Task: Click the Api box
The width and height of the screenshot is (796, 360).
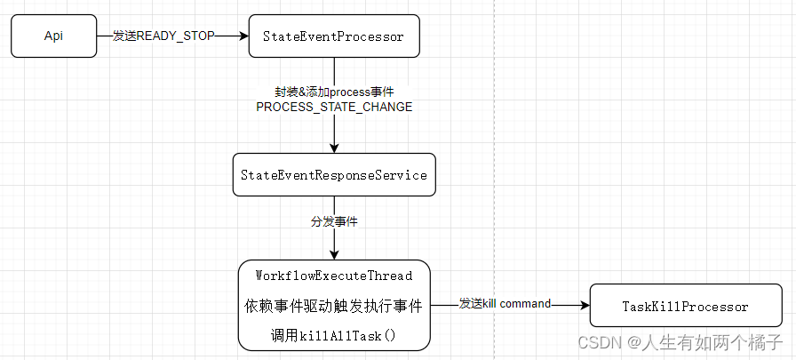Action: point(54,36)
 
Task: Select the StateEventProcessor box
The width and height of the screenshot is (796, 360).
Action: point(333,36)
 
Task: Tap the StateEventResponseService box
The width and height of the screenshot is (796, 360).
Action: point(333,175)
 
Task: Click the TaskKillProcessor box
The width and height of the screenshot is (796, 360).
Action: point(684,307)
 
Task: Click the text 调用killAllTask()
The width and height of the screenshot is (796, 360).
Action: point(333,336)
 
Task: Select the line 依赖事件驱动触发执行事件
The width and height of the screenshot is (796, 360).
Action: point(333,306)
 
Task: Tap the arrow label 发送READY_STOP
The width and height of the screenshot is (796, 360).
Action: point(163,36)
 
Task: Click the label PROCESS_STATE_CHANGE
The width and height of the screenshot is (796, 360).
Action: point(334,107)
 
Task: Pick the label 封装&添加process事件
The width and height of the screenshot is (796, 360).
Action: point(334,92)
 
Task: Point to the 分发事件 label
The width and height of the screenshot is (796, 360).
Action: point(334,221)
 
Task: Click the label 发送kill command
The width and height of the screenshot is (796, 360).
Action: point(505,304)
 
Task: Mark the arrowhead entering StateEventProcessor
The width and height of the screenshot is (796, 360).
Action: point(243,36)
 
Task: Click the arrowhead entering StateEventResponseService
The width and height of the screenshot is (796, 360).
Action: point(334,148)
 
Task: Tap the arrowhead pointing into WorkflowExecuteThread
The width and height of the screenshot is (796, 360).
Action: point(334,254)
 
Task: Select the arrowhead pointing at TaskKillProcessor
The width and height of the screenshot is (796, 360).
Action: point(585,305)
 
